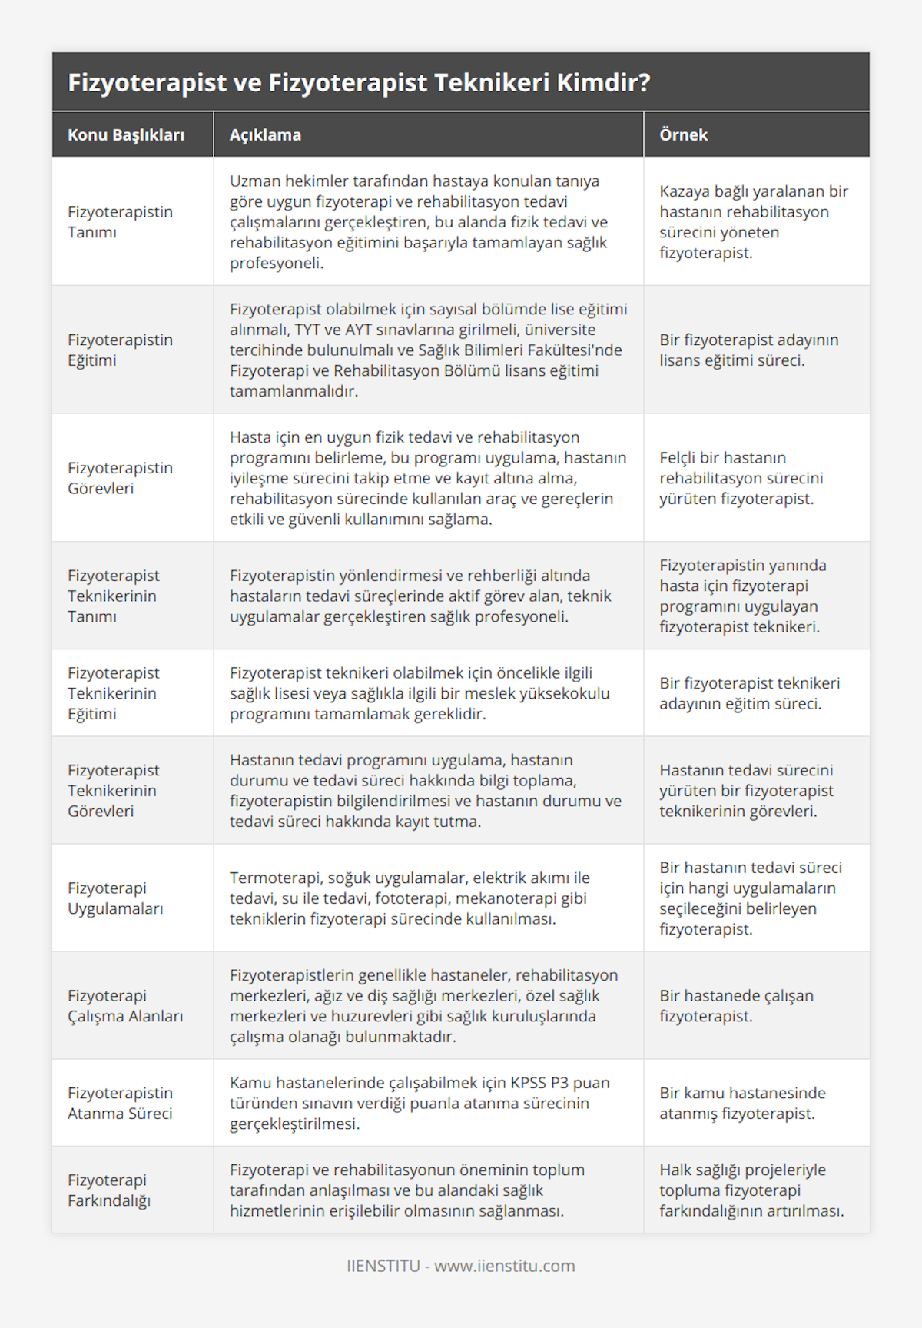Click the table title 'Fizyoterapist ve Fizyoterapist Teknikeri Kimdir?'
(359, 82)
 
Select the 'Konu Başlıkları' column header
(126, 135)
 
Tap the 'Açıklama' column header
(265, 135)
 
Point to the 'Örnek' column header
(683, 135)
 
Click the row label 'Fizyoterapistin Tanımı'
(120, 222)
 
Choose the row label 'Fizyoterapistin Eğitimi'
(120, 350)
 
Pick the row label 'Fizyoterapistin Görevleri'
(120, 478)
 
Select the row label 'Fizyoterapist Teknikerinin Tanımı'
(114, 596)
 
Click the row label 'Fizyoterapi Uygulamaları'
(115, 898)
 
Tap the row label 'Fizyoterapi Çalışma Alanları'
(125, 1006)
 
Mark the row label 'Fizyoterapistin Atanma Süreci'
(120, 1103)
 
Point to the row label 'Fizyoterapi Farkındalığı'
(109, 1190)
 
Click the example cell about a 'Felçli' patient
(741, 478)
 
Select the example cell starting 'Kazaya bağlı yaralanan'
(753, 222)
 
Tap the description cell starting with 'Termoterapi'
(410, 898)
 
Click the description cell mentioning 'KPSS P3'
(420, 1103)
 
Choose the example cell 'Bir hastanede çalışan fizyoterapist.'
(736, 1006)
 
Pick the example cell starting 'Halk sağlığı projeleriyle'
(751, 1190)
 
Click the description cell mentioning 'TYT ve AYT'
(428, 350)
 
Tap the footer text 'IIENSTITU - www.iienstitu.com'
(460, 1266)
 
